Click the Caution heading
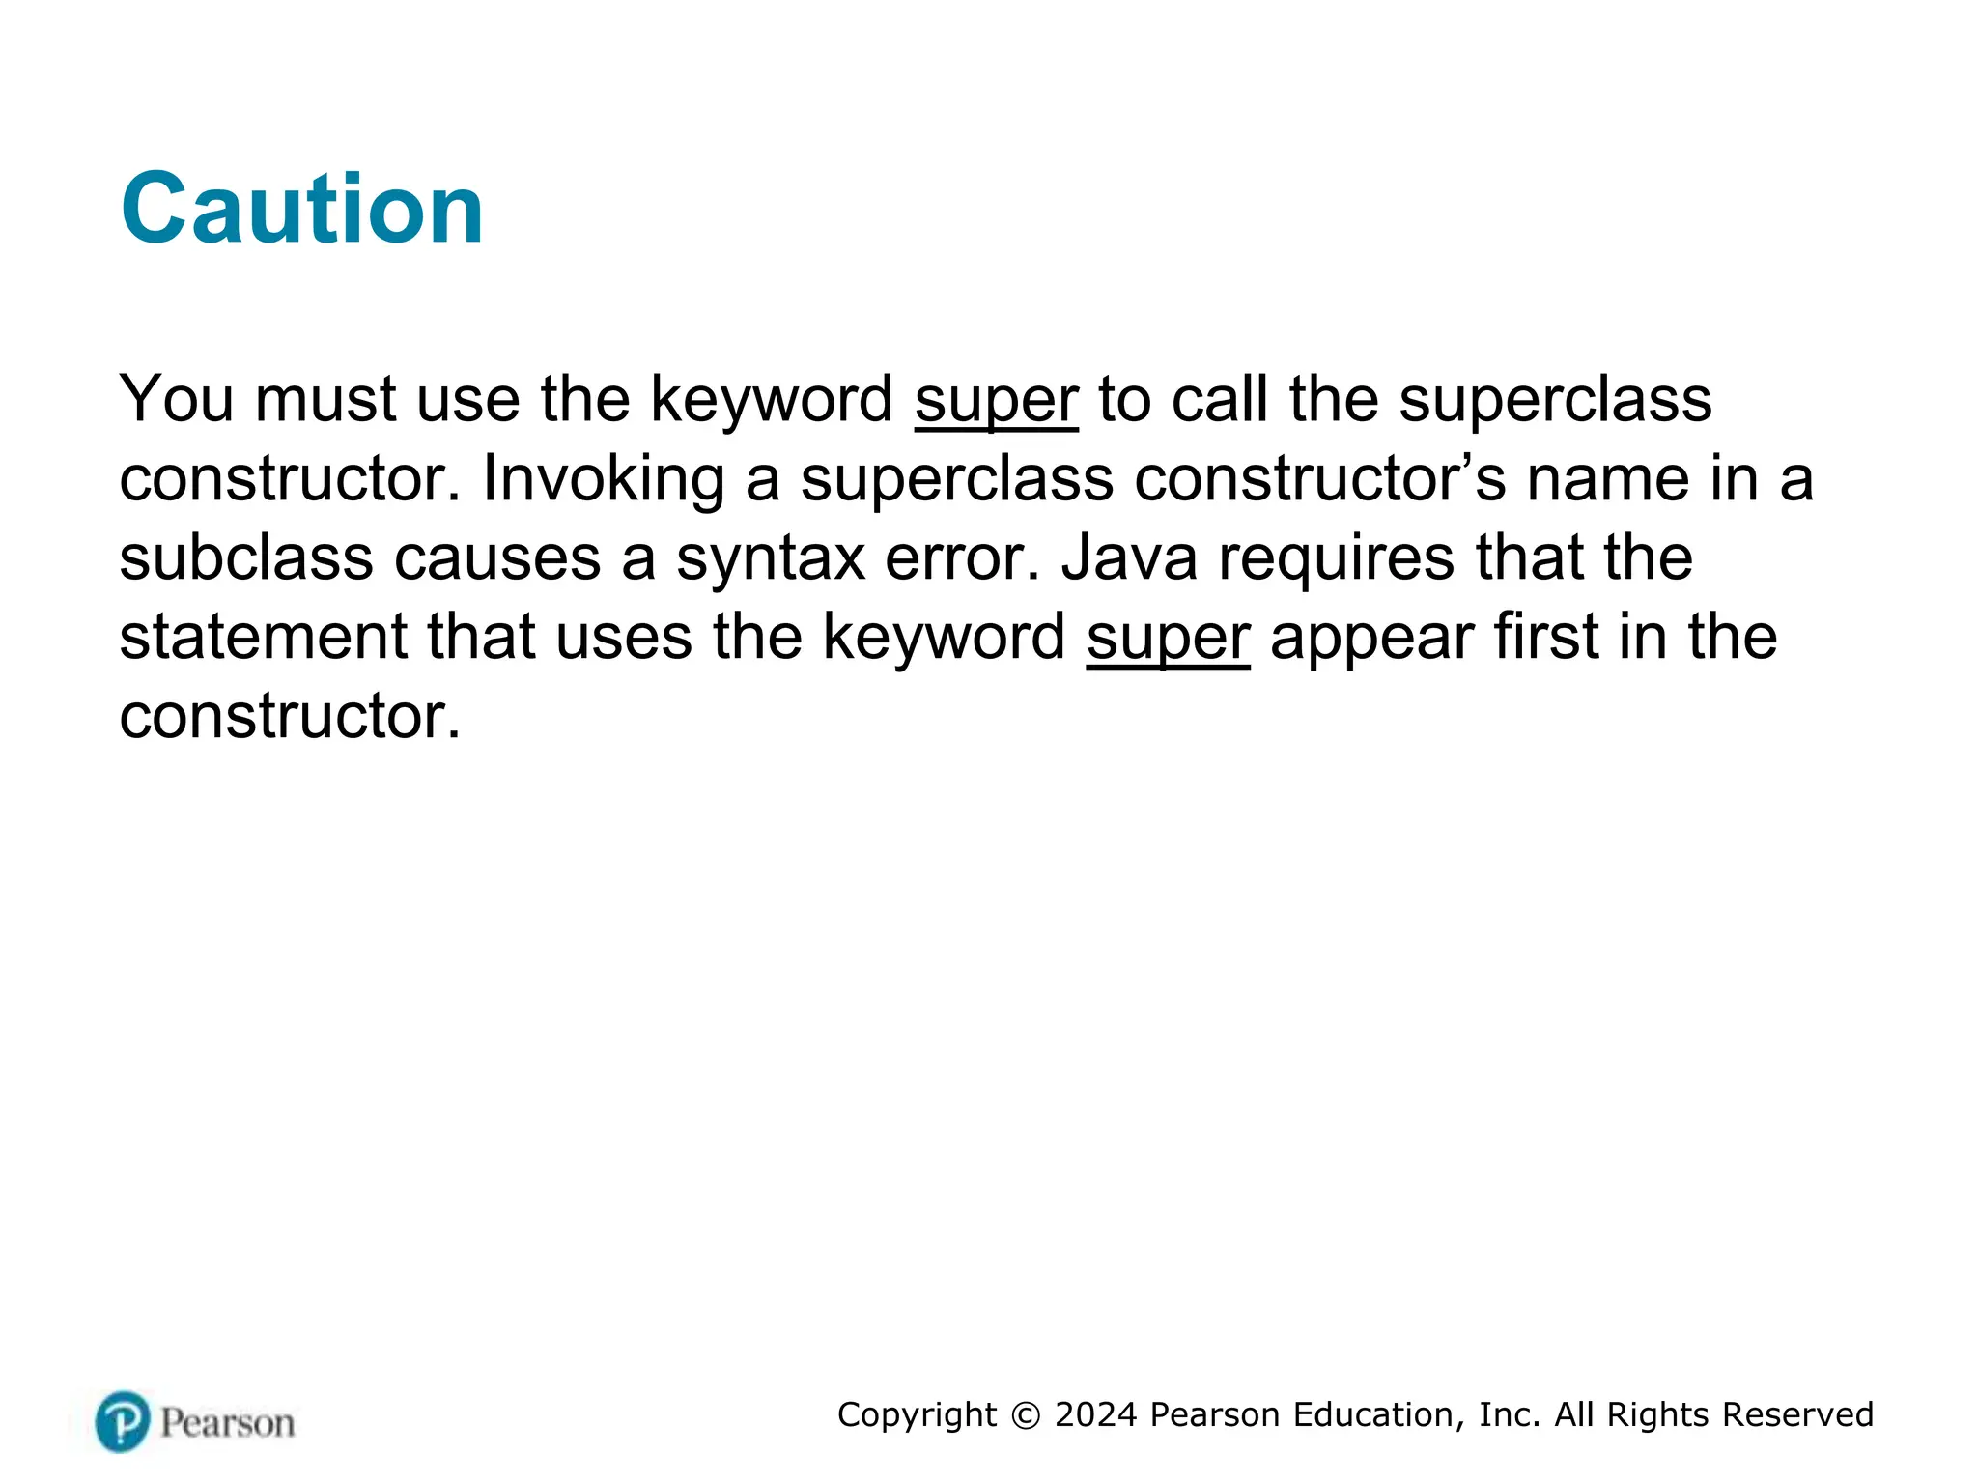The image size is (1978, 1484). [x=301, y=209]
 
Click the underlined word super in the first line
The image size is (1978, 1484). [x=996, y=400]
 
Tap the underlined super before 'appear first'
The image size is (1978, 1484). [x=1167, y=638]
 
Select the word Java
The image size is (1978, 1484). [x=1128, y=558]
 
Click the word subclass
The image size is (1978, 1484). [x=245, y=558]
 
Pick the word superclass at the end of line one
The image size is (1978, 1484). [x=1555, y=400]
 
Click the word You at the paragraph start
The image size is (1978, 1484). [x=176, y=400]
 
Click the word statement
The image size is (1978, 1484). [x=263, y=638]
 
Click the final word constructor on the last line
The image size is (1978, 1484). [x=288, y=717]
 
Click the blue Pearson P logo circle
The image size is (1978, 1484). [x=123, y=1421]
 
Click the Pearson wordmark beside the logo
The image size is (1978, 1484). [x=227, y=1423]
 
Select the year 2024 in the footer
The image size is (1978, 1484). [x=1095, y=1414]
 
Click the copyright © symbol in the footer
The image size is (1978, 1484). [x=1026, y=1415]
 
